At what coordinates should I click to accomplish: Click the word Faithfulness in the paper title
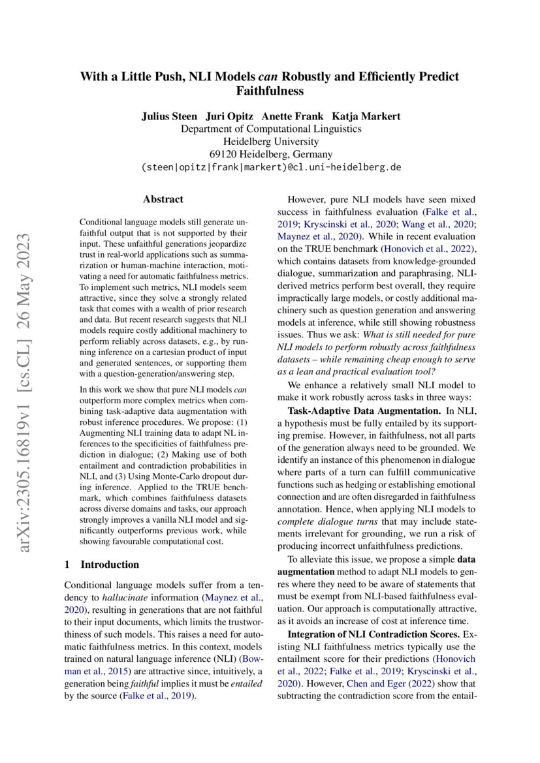click(x=270, y=91)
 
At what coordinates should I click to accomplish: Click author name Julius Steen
click(x=169, y=116)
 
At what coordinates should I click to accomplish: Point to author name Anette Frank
click(x=292, y=116)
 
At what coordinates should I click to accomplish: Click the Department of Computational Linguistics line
click(x=270, y=129)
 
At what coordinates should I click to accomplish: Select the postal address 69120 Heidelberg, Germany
click(x=270, y=154)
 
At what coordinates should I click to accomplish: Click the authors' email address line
click(x=270, y=167)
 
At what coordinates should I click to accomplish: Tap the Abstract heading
click(x=163, y=199)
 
